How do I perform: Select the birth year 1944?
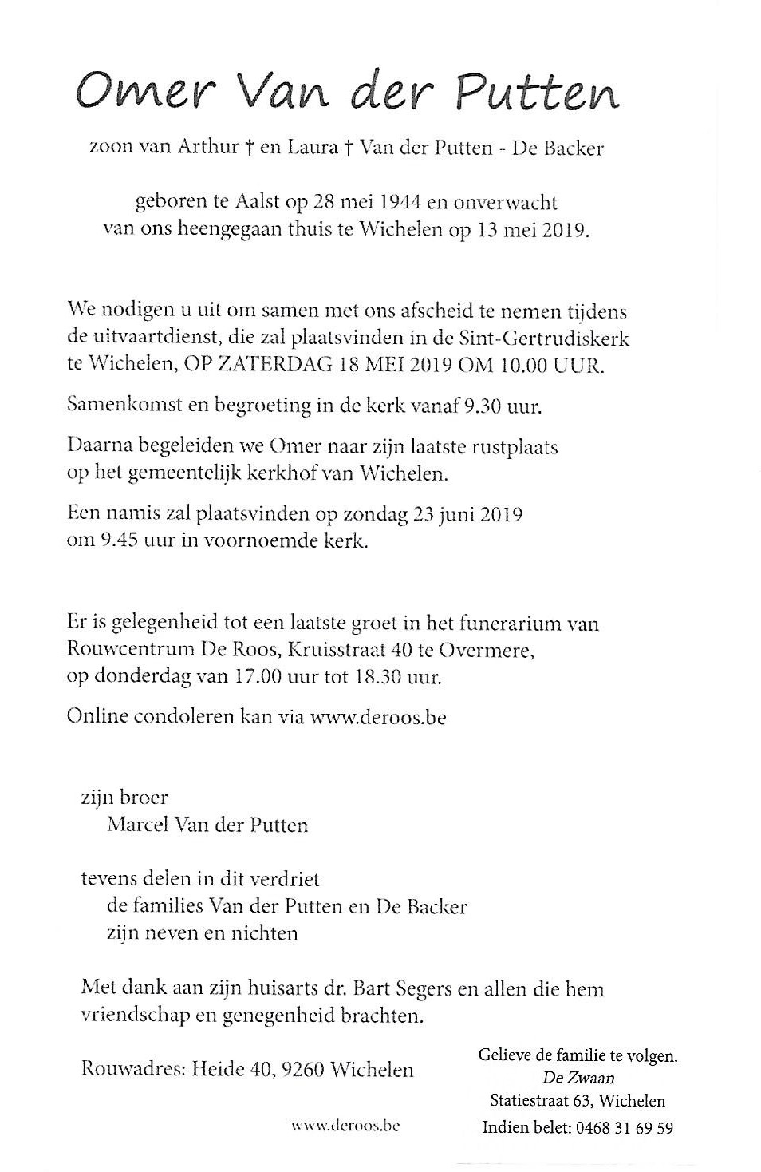pos(396,203)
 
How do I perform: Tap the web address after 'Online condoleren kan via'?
pos(377,716)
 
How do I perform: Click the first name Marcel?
pos(137,824)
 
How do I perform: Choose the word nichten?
pos(264,932)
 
